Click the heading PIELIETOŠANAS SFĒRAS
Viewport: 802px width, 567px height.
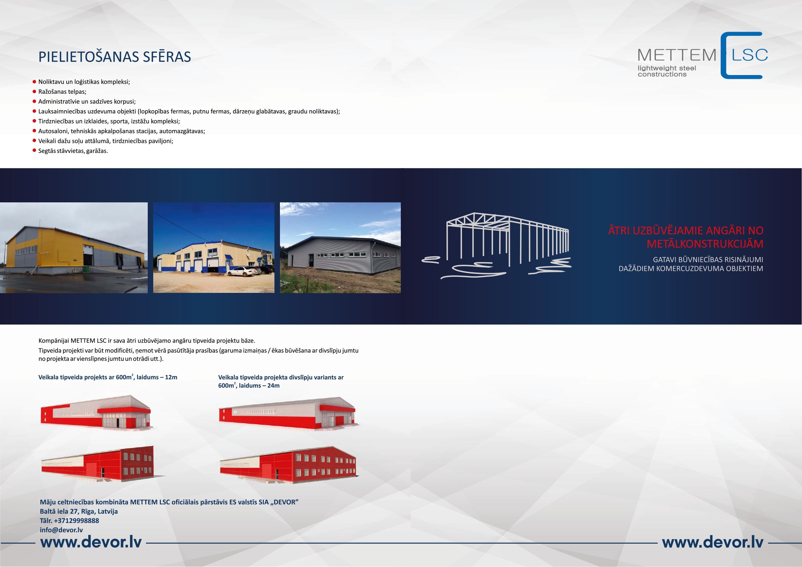[x=114, y=57]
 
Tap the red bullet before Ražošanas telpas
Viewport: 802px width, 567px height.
[x=35, y=91]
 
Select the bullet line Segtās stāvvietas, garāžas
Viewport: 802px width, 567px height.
[x=73, y=151]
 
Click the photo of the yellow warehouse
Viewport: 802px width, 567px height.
[x=74, y=248]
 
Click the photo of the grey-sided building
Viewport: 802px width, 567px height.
[x=340, y=248]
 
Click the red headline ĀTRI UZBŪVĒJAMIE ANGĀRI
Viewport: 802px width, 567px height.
[x=686, y=237]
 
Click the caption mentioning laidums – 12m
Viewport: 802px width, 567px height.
[x=108, y=377]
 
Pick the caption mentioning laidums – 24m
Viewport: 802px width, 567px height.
[x=281, y=381]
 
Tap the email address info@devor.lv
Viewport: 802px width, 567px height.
[x=61, y=530]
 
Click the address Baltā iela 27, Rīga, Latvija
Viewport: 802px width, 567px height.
[x=79, y=511]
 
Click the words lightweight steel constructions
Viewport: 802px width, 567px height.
[x=667, y=71]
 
